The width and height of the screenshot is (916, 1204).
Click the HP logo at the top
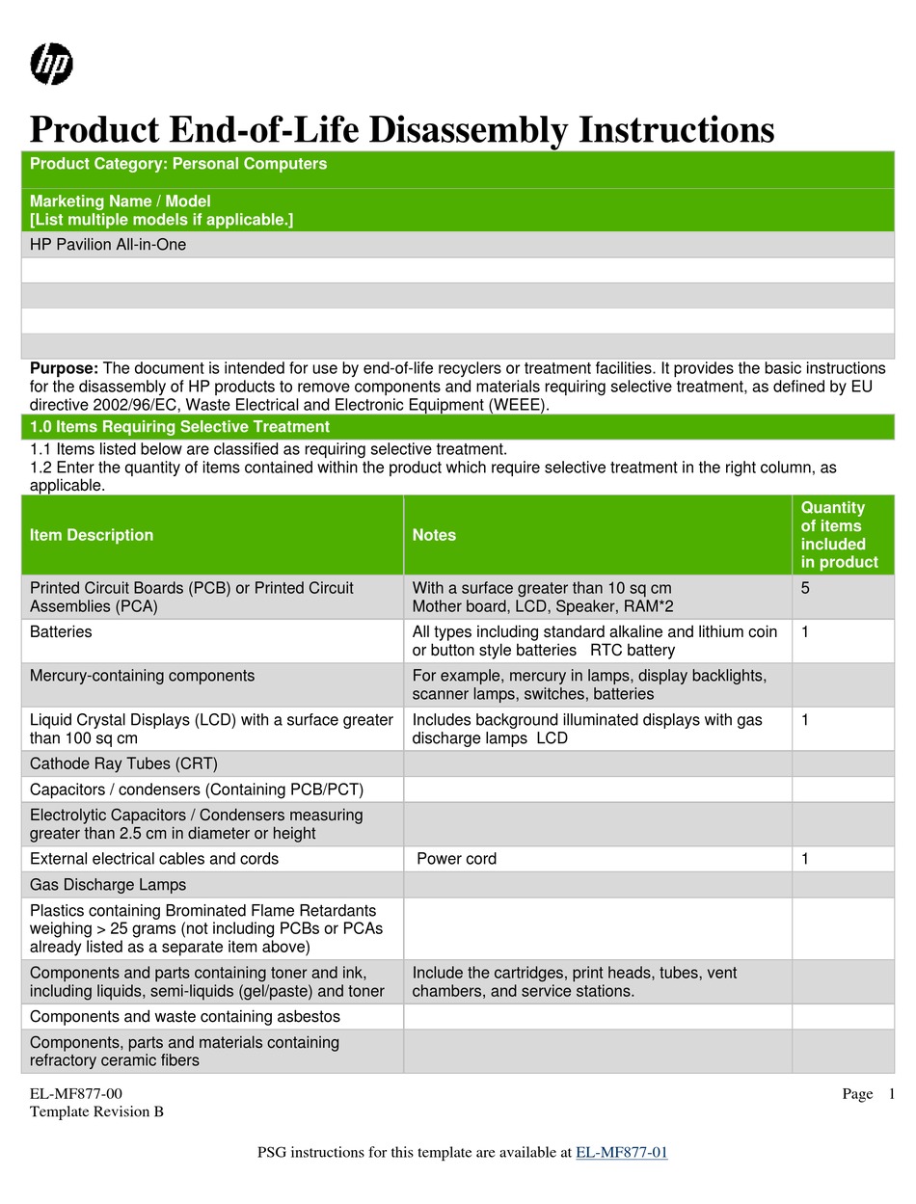coord(52,65)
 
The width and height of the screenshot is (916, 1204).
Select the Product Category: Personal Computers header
coord(178,164)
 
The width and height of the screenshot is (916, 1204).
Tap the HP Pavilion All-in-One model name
coord(108,245)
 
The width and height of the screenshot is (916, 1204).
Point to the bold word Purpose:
coord(64,368)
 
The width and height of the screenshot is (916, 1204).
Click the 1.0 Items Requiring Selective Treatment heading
coord(179,427)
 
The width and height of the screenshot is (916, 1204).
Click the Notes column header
coord(434,535)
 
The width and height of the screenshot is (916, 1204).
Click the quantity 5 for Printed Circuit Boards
coord(805,588)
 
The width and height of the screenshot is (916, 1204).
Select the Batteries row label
coord(61,632)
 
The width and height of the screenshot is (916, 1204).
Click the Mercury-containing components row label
coord(142,676)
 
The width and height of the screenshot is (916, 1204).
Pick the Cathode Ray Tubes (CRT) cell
coord(123,764)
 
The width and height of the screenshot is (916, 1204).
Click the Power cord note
coord(456,859)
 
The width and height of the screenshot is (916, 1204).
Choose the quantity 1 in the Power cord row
coord(805,859)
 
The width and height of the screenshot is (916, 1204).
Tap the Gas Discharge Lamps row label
coord(108,885)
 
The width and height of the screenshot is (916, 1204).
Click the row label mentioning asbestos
coord(184,1017)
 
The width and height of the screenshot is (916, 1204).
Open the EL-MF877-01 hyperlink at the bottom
coord(621,1152)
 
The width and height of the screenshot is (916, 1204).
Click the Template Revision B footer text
coord(96,1111)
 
